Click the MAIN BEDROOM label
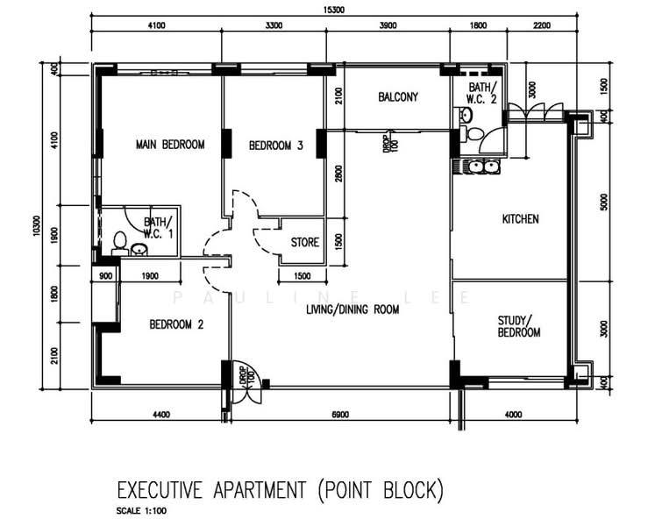coord(170,145)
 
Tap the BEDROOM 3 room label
coord(275,146)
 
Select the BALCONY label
coord(398,97)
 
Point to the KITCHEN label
coord(520,219)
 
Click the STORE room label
coord(305,242)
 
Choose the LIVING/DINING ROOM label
coord(352,309)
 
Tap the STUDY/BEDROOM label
coord(519,326)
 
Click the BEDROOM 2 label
coord(176,324)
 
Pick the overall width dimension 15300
coord(333,10)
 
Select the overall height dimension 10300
coord(37,226)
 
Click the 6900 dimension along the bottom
coord(340,415)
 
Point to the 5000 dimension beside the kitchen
coord(604,202)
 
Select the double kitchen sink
coord(481,167)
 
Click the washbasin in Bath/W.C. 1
coord(139,250)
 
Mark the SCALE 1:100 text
coord(141,511)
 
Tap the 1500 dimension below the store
coord(303,276)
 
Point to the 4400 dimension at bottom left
coord(160,415)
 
